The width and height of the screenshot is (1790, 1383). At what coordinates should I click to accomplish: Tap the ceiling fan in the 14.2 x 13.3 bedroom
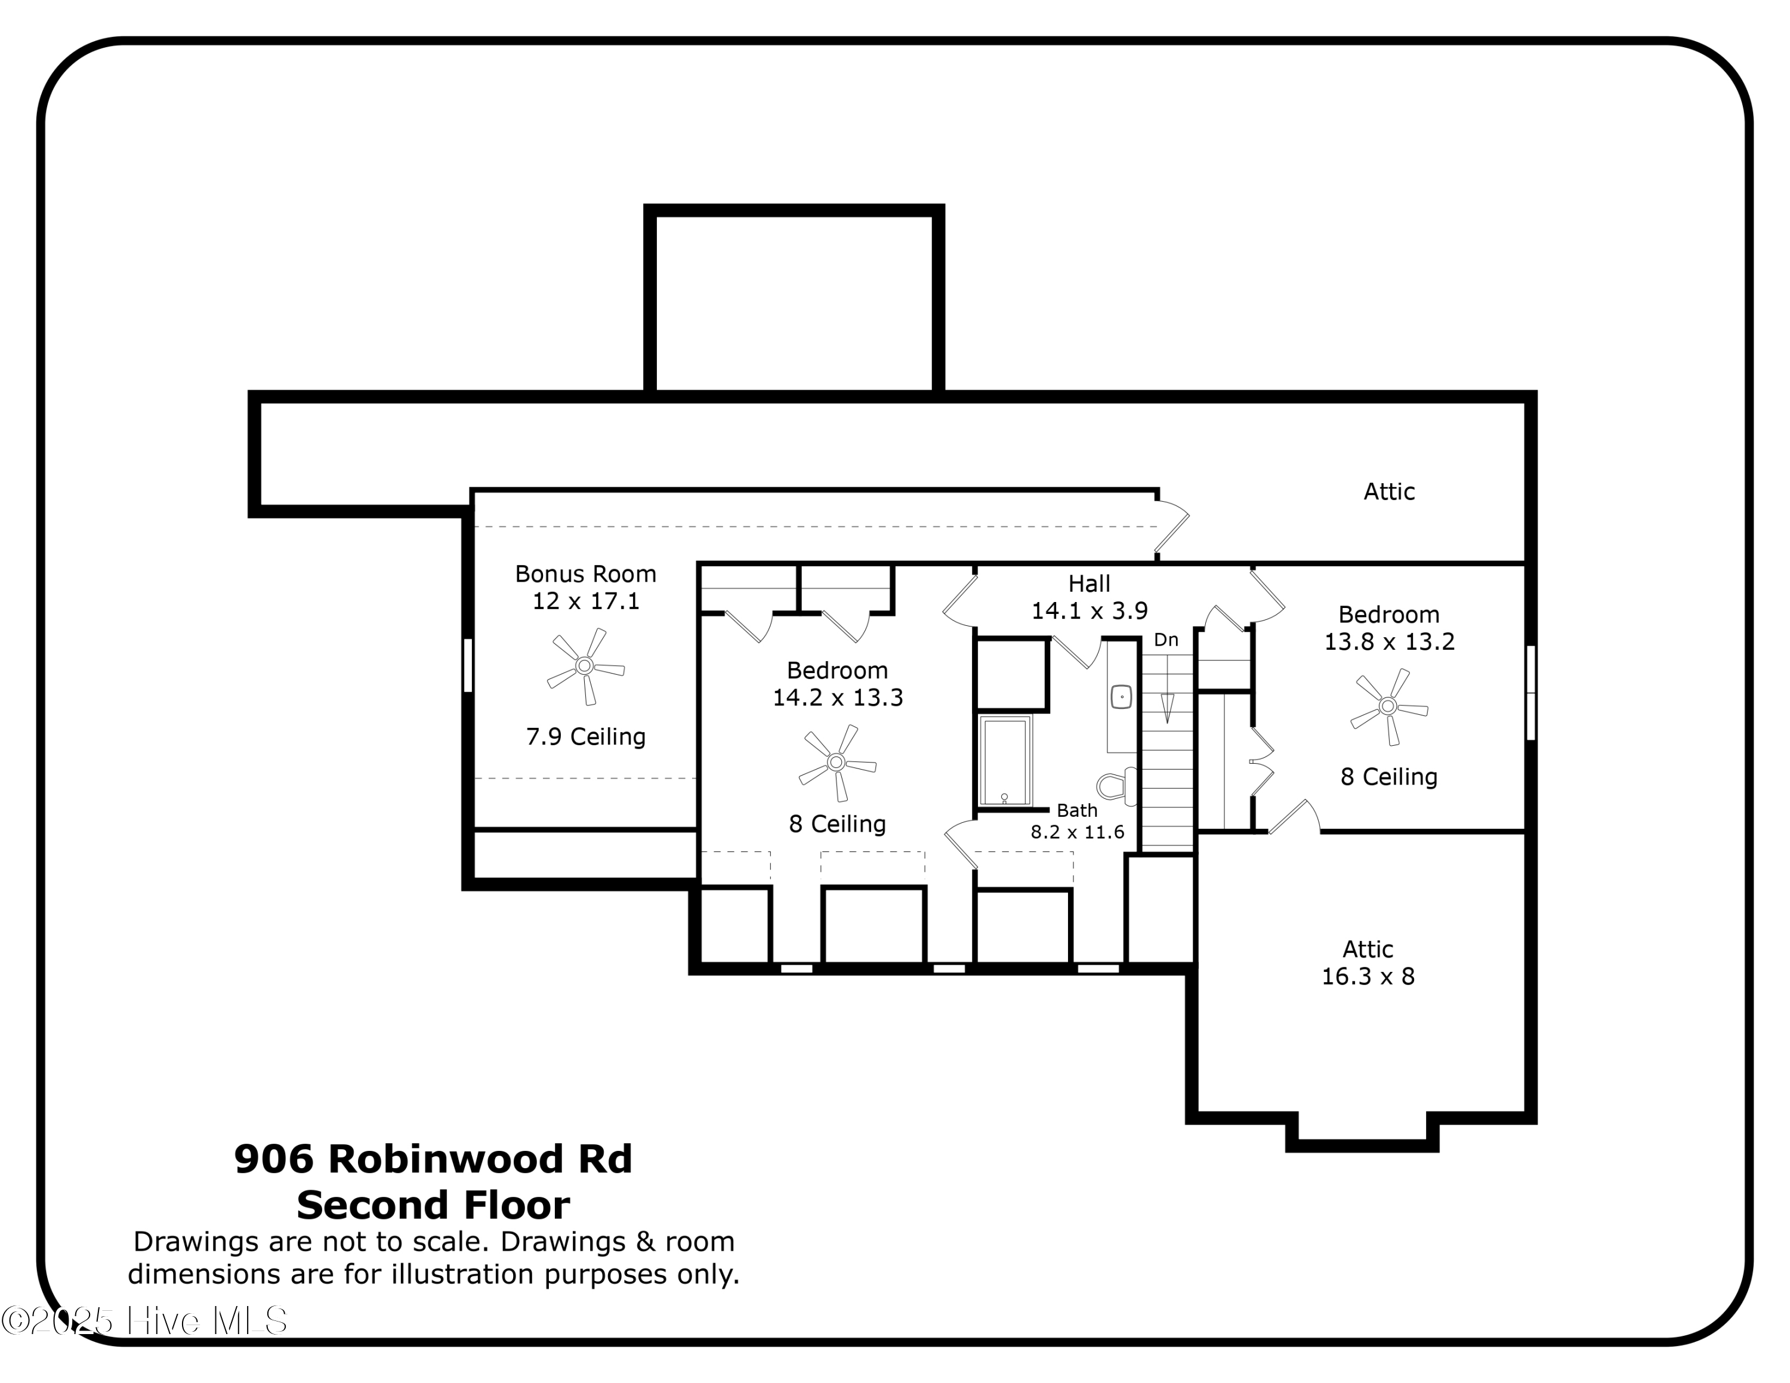click(837, 762)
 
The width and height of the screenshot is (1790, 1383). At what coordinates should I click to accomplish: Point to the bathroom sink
click(1121, 697)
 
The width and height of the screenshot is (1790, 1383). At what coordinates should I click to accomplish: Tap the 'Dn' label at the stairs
click(1165, 640)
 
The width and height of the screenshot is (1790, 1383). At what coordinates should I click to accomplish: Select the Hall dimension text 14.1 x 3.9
click(1090, 611)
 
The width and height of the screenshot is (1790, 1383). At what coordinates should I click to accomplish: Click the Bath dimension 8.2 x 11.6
click(1077, 832)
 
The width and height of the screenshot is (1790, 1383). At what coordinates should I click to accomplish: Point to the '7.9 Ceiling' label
click(585, 737)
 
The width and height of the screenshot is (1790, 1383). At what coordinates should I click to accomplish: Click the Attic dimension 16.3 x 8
click(1368, 977)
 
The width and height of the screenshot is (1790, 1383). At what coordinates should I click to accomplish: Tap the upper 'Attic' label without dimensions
click(1388, 492)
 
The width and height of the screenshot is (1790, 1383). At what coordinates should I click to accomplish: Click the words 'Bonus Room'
click(585, 573)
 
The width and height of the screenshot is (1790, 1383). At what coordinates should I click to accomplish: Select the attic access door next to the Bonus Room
click(1172, 527)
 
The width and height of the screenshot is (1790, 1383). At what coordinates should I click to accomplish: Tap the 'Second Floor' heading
click(433, 1205)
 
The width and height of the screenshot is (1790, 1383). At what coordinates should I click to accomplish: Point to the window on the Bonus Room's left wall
click(468, 665)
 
